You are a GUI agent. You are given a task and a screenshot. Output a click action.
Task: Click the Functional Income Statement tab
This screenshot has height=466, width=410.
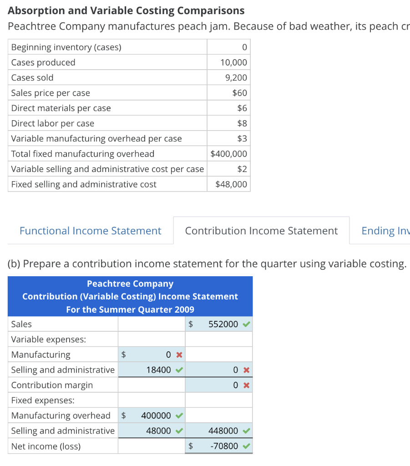pos(90,231)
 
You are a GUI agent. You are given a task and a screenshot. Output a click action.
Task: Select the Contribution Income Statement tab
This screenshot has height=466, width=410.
pos(261,231)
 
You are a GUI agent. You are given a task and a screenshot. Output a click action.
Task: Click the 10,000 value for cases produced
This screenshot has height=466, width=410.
pos(233,62)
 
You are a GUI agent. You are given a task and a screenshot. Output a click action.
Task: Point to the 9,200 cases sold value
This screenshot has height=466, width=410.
pos(236,78)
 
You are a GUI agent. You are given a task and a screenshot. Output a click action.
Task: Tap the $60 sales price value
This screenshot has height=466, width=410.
pos(239,93)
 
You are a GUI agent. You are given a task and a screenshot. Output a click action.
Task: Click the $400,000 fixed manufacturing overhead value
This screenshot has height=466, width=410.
pos(229,154)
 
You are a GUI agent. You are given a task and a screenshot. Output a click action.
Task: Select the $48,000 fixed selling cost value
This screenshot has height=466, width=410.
pos(231,184)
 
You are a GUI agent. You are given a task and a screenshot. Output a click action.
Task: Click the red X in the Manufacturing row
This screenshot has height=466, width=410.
pos(179,355)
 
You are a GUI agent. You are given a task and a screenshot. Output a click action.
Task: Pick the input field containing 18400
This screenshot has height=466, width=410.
pos(158,370)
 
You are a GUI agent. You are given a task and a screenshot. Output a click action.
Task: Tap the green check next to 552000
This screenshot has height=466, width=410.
pos(246,324)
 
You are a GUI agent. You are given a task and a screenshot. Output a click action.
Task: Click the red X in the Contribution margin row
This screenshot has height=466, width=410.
pos(246,385)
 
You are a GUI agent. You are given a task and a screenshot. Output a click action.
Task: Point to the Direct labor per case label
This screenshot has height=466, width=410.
pos(52,123)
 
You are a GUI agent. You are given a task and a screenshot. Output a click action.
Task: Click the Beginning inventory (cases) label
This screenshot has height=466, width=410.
pos(66,47)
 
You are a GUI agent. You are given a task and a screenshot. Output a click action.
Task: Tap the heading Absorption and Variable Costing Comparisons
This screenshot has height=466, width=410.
pos(126,10)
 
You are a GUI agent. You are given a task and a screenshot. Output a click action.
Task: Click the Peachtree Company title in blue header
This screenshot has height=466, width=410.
pos(130,284)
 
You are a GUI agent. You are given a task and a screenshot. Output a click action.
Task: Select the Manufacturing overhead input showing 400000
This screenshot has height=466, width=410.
pos(156,415)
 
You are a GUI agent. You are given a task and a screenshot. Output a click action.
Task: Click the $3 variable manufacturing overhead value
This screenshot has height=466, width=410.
pos(242,139)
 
